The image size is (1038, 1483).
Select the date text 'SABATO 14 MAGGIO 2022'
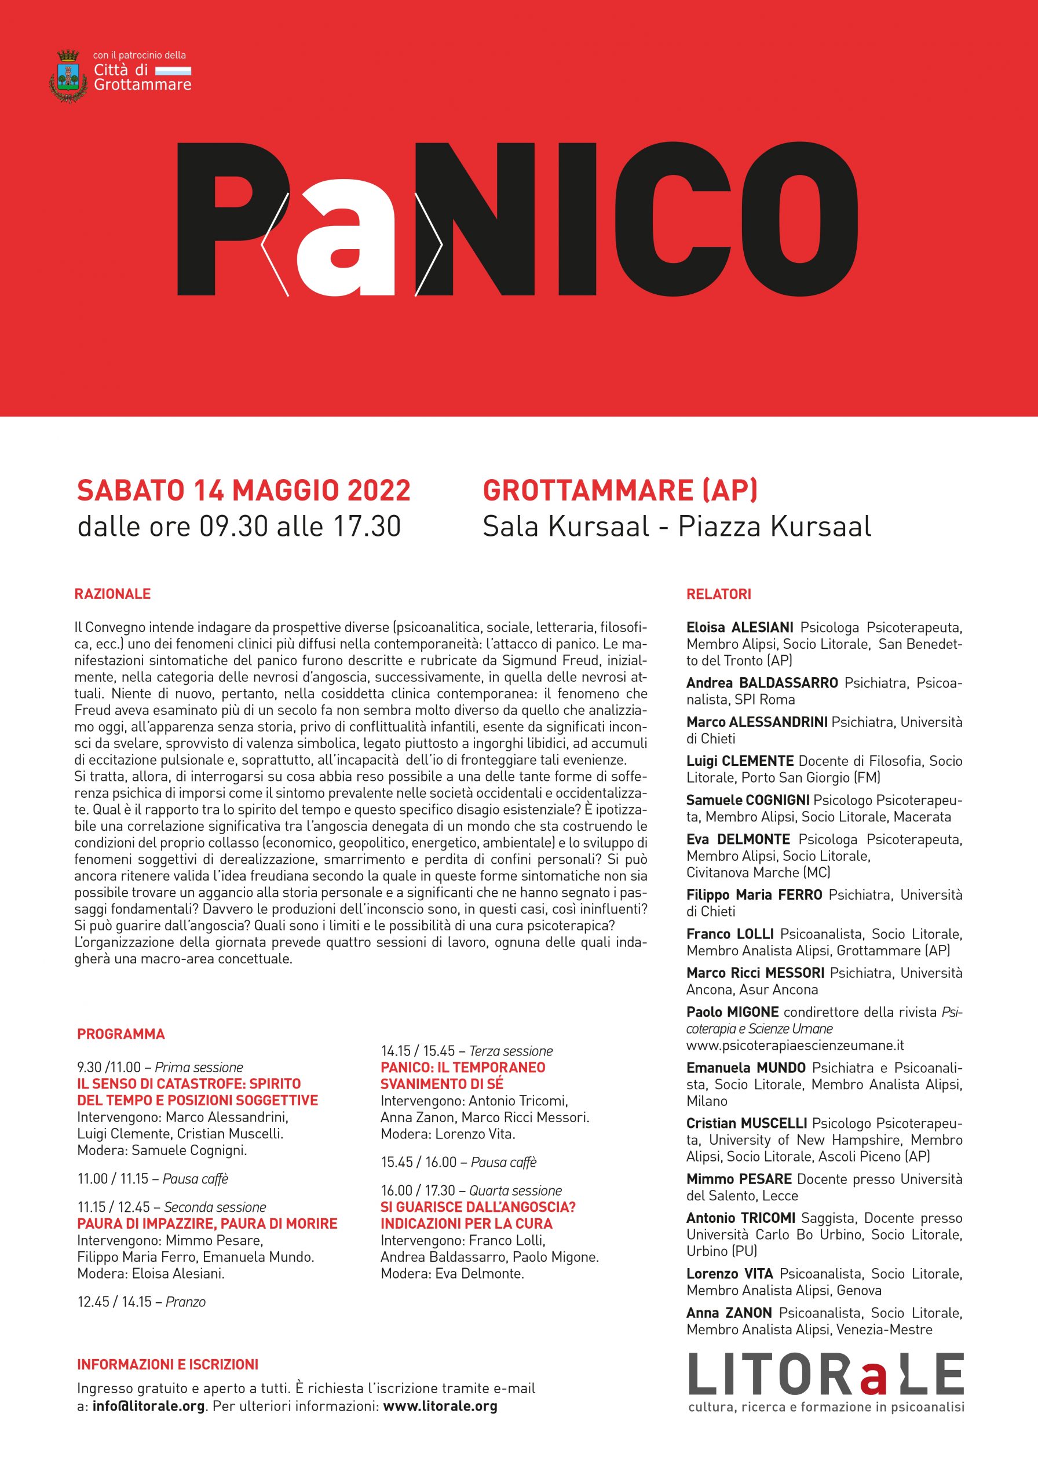pyautogui.click(x=243, y=491)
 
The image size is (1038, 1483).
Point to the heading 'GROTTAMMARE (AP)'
pyautogui.click(x=620, y=491)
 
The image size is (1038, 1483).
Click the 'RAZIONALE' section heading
pyautogui.click(x=112, y=594)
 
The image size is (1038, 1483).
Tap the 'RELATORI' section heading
pyautogui.click(x=718, y=594)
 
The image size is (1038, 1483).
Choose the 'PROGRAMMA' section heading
pyautogui.click(x=121, y=1034)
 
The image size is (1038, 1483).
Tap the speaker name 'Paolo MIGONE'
pyautogui.click(x=732, y=1012)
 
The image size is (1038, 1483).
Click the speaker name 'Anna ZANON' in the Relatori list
pyautogui.click(x=729, y=1313)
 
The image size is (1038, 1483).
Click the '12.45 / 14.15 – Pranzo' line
pyautogui.click(x=141, y=1302)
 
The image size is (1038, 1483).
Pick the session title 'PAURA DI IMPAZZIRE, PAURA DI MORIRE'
pyautogui.click(x=207, y=1224)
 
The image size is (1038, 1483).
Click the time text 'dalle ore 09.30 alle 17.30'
pyautogui.click(x=239, y=527)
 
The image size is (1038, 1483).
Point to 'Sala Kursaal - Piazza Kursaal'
pyautogui.click(x=677, y=527)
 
